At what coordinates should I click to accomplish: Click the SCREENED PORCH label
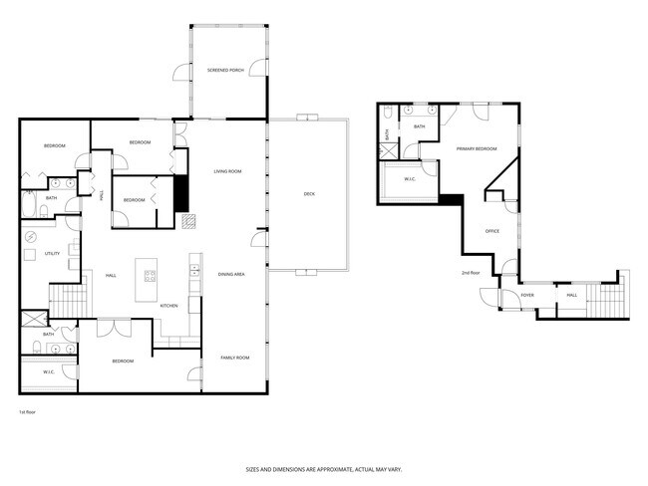click(225, 71)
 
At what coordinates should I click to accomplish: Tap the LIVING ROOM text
click(228, 171)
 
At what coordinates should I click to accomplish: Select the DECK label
click(309, 194)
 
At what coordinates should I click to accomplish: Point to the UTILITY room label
click(53, 254)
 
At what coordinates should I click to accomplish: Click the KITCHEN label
click(168, 306)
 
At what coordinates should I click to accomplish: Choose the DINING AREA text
click(231, 273)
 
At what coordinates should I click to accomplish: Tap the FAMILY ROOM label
click(235, 358)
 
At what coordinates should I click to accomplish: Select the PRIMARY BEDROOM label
click(477, 148)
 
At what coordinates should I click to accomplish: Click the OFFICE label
click(491, 231)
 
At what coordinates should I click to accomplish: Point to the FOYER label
click(527, 295)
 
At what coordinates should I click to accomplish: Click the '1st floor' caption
click(28, 411)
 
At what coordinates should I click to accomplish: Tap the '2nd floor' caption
click(471, 272)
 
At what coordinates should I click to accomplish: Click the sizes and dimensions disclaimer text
click(324, 468)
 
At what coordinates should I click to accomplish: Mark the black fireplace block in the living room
click(180, 193)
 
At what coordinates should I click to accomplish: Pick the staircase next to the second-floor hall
click(604, 299)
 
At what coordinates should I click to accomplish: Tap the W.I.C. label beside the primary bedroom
click(410, 179)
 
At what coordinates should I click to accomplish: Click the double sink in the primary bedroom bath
click(420, 111)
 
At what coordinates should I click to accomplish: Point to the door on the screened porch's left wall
click(181, 72)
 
